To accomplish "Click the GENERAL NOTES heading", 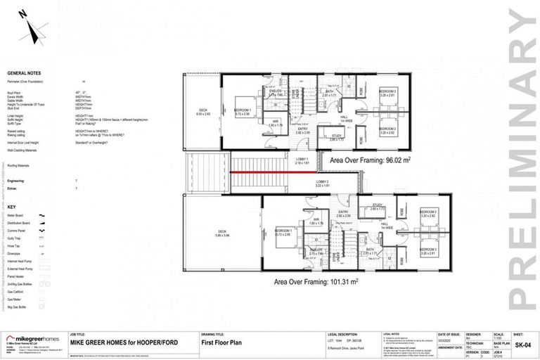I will click(24, 72).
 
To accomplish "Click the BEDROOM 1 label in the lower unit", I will click(284, 231).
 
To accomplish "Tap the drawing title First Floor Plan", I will click(218, 342).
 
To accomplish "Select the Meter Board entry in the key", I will click(16, 215).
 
